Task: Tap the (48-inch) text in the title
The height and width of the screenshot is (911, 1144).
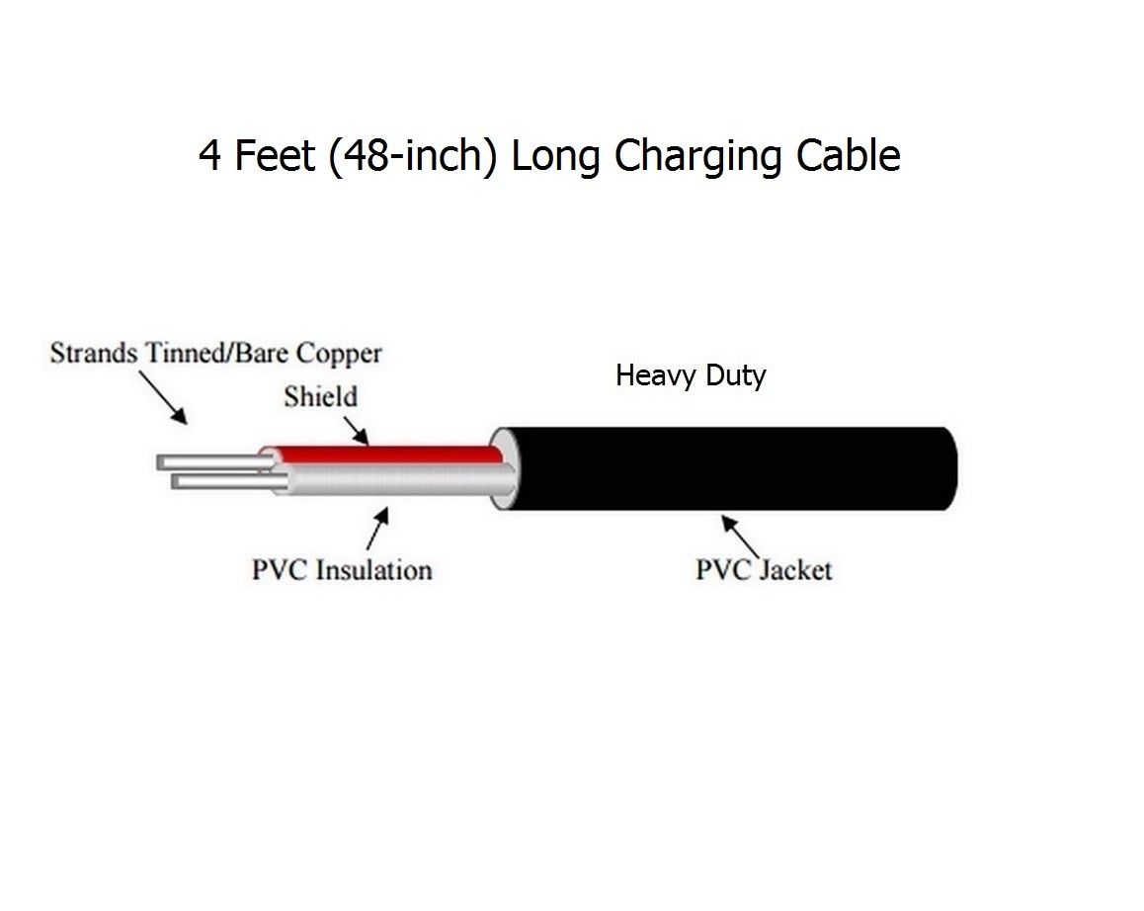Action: (413, 157)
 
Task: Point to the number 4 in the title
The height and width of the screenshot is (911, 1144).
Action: (209, 156)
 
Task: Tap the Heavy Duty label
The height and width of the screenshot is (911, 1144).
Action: (691, 375)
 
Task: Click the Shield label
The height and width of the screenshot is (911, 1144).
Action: (320, 397)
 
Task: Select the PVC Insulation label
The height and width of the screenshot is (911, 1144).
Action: (342, 570)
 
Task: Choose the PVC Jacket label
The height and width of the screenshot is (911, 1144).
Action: (764, 570)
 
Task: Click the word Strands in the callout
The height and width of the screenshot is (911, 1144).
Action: (94, 353)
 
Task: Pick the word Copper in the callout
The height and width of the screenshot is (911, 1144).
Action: (339, 353)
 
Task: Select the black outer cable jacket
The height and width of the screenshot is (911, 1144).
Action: (731, 469)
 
